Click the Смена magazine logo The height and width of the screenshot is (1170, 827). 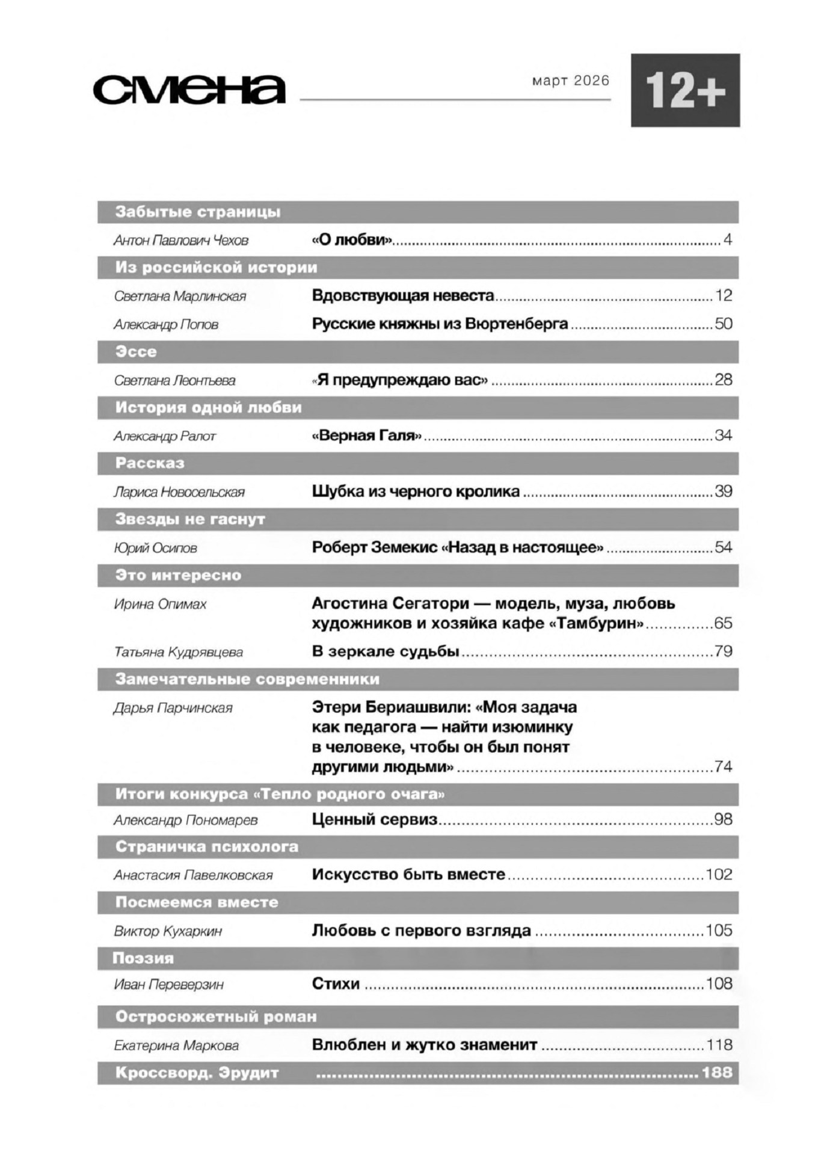coord(189,90)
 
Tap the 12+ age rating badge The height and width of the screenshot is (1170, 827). coord(684,90)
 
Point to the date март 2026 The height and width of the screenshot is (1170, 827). coord(570,81)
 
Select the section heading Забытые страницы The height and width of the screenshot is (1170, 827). coord(198,212)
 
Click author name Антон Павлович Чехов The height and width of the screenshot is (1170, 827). coord(181,241)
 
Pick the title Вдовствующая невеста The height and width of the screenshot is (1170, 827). coord(402,295)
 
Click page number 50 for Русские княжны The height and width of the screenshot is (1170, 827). coord(723,324)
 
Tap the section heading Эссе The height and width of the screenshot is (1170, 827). coord(136,351)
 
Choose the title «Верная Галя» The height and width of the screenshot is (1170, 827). coord(366,435)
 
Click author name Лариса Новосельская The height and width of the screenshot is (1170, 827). coord(179,492)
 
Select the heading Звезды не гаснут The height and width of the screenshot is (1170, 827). coord(190,519)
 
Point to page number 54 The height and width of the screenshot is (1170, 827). coord(723,547)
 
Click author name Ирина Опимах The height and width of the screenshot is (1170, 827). coord(160,604)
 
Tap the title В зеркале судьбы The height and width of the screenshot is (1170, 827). coord(386,651)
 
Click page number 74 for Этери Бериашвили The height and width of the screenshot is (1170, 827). coord(723,766)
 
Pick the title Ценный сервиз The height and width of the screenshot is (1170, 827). coord(374,819)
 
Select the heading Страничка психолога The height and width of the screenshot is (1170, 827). coord(207,846)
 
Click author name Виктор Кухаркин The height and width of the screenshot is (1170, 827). coord(168,931)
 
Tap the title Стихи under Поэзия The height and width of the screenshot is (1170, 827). coord(336,984)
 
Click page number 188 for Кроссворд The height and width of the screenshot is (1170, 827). coord(717,1072)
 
